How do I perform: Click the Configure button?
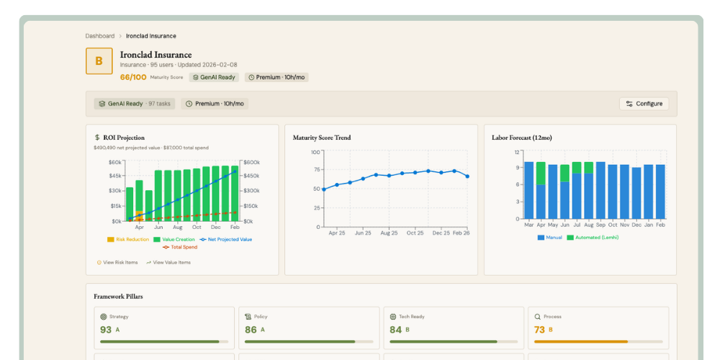click(x=644, y=104)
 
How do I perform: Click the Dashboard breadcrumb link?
click(x=99, y=36)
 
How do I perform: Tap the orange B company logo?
click(x=99, y=61)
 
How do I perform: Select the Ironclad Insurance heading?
click(x=156, y=55)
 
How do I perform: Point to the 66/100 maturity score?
click(x=133, y=77)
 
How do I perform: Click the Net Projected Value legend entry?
click(x=225, y=239)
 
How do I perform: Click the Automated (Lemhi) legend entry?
click(x=593, y=237)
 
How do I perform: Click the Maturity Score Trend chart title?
click(x=322, y=138)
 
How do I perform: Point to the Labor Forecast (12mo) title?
click(x=522, y=138)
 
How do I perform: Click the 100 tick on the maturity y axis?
click(x=315, y=152)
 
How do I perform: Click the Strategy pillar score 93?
click(x=106, y=330)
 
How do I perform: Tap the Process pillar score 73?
click(x=539, y=330)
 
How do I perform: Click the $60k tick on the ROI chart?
click(x=115, y=162)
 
